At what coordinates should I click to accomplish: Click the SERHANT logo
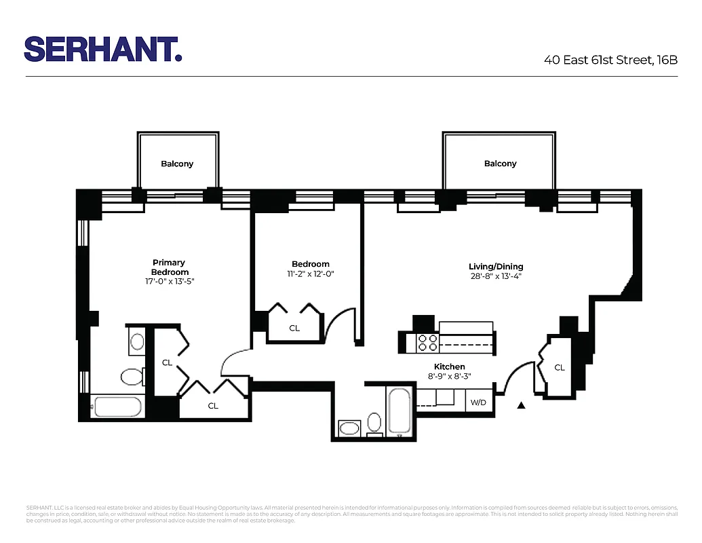[103, 50]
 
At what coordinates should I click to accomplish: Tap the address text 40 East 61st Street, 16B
[610, 60]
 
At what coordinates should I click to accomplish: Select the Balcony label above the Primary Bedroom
[177, 164]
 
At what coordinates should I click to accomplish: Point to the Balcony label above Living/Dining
[501, 164]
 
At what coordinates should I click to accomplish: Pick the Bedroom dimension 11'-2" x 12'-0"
[311, 274]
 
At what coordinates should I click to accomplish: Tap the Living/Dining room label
[496, 267]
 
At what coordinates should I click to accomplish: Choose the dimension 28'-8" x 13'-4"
[496, 276]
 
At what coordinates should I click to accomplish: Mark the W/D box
[478, 402]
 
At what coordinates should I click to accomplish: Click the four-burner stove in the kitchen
[428, 343]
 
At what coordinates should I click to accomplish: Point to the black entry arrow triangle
[521, 406]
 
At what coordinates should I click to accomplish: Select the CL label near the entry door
[560, 367]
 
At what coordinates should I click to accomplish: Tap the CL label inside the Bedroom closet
[294, 328]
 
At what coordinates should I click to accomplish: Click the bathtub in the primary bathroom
[117, 407]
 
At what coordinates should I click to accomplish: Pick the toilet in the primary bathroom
[131, 377]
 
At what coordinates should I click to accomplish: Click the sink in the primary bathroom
[137, 341]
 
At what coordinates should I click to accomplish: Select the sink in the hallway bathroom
[350, 428]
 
